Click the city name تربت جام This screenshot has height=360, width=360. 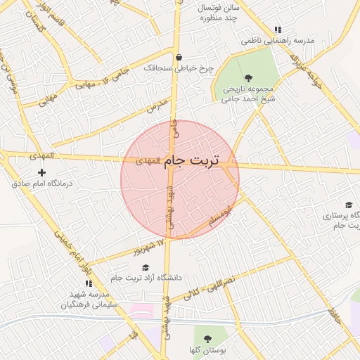pyautogui.click(x=193, y=161)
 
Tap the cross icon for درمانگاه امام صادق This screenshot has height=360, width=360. pyautogui.click(x=41, y=172)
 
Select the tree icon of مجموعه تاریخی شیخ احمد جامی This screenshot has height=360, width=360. pyautogui.click(x=247, y=78)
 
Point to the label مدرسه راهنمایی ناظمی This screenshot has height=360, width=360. pyautogui.click(x=278, y=41)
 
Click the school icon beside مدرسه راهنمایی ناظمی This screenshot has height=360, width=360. pyautogui.click(x=278, y=30)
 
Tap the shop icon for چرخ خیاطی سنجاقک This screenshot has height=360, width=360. pyautogui.click(x=179, y=58)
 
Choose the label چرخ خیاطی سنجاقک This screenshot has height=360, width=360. pyautogui.click(x=178, y=68)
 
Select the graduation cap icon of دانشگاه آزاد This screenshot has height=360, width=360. pyautogui.click(x=146, y=267)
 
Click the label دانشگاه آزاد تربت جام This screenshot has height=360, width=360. pyautogui.click(x=146, y=278)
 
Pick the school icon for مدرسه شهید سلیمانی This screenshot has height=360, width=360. pyautogui.click(x=89, y=283)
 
